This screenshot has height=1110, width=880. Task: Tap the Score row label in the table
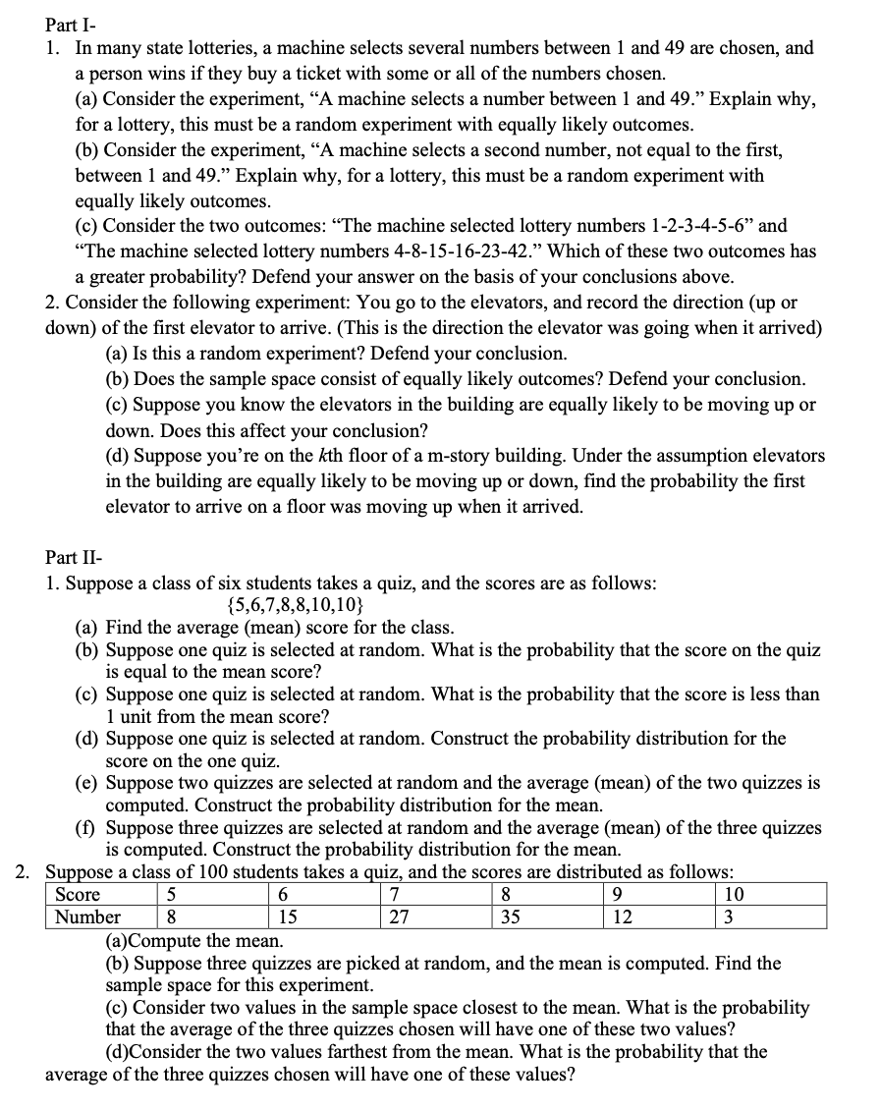(78, 895)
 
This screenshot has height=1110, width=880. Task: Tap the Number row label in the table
(87, 917)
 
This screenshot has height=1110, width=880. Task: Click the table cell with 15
(290, 917)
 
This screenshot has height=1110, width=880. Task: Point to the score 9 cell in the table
(616, 895)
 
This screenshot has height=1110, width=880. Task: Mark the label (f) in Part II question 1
(87, 827)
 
